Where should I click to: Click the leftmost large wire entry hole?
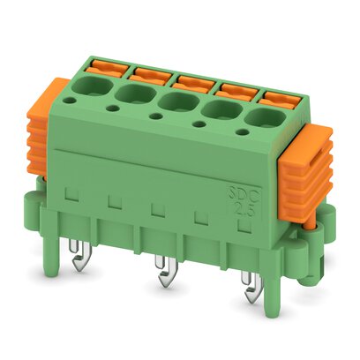click(93, 86)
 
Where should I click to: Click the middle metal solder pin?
click(164, 278)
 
